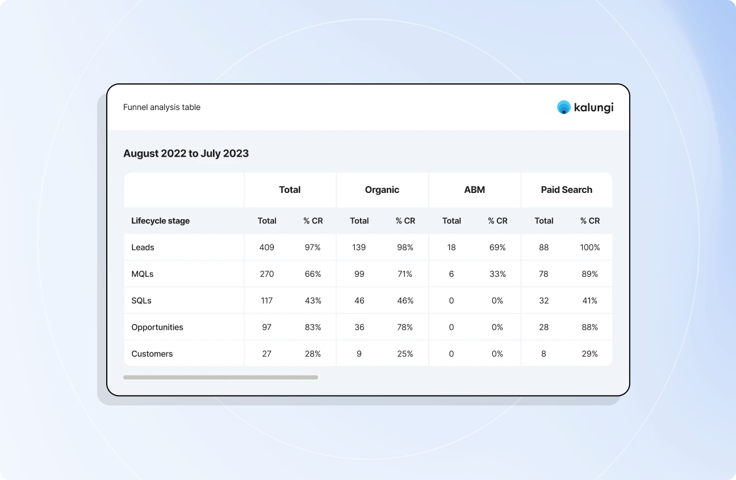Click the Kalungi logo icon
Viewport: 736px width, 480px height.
(x=563, y=107)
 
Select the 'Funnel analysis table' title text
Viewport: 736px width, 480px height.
(x=162, y=107)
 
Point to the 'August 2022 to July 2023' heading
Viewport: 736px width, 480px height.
(x=186, y=153)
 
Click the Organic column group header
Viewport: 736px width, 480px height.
(x=382, y=190)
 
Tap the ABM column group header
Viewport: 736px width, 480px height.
(x=474, y=190)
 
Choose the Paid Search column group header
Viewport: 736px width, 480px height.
(x=566, y=190)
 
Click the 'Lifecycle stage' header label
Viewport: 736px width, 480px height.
(x=160, y=221)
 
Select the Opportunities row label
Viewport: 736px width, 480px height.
(x=157, y=327)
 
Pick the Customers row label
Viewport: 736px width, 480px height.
(x=152, y=354)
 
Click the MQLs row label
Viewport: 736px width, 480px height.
(x=143, y=274)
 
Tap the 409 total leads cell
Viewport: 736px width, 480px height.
(x=267, y=247)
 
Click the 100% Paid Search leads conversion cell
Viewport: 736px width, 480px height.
(x=589, y=247)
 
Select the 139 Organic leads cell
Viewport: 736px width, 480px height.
(x=359, y=247)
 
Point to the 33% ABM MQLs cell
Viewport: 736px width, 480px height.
(x=497, y=274)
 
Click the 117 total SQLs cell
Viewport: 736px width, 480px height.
(x=267, y=301)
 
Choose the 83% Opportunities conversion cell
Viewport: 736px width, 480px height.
(x=313, y=327)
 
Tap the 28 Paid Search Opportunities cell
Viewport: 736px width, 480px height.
(x=543, y=327)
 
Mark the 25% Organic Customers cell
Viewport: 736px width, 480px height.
(x=405, y=354)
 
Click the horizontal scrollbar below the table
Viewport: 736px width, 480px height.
(x=220, y=377)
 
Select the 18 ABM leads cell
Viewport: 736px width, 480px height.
(x=451, y=247)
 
